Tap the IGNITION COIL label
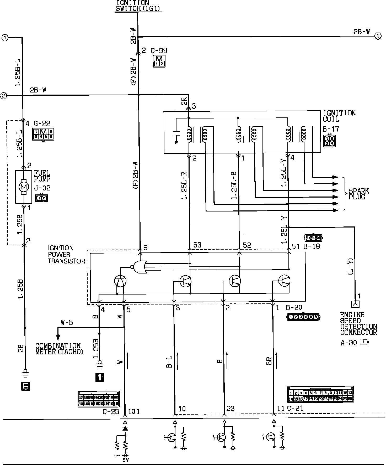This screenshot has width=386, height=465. point(339,116)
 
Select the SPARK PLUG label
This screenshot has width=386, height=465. point(358,194)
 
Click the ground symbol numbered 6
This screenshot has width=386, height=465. point(25,386)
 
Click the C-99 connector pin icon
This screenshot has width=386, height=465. point(159,61)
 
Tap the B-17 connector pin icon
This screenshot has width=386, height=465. point(329,141)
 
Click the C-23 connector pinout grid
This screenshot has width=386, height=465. point(99,399)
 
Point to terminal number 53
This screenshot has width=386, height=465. point(197,245)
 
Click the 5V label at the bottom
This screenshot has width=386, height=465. point(125,460)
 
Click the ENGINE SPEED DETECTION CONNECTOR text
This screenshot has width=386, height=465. point(358,324)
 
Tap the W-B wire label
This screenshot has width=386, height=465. point(67,322)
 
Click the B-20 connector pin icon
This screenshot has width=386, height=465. point(304,317)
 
